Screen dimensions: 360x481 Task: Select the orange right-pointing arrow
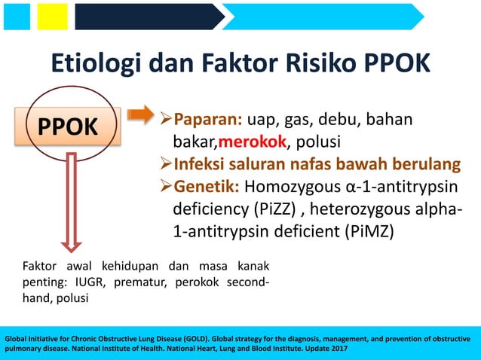140,115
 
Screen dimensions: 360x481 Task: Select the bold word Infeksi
201,163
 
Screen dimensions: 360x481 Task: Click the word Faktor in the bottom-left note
39,266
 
